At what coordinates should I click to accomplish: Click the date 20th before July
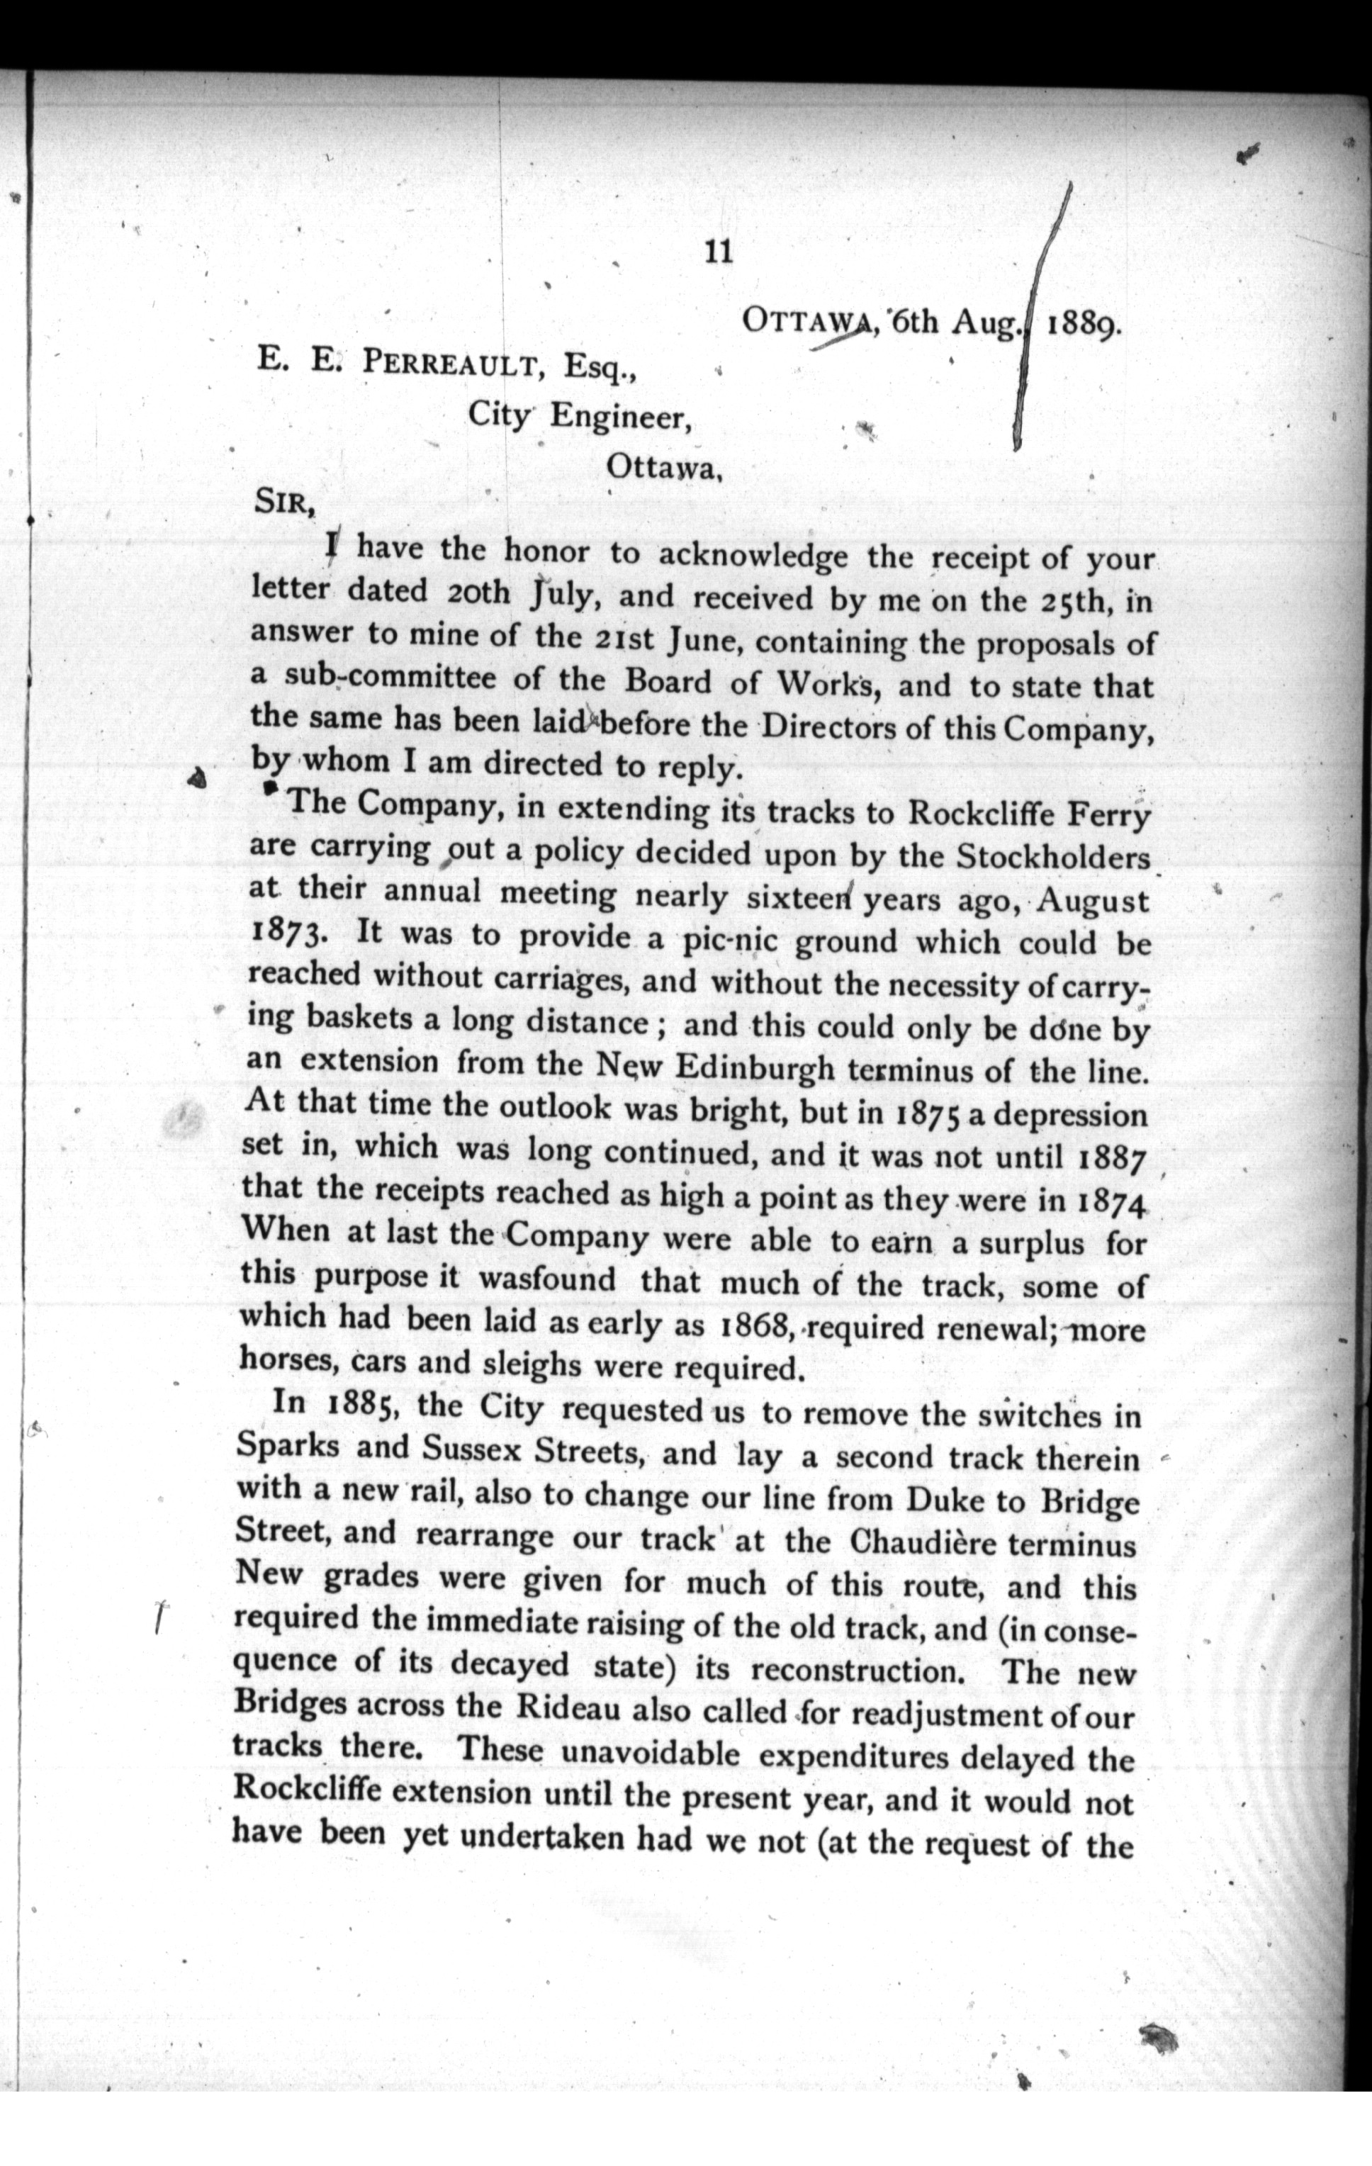(478, 595)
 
